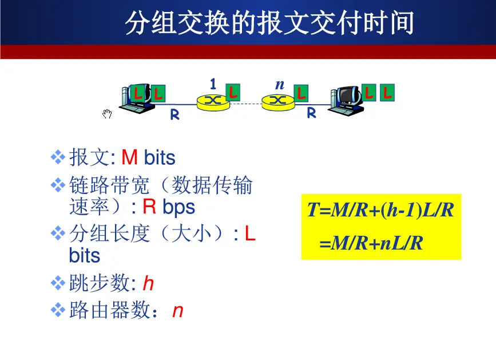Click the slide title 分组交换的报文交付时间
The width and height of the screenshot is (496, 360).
point(269,23)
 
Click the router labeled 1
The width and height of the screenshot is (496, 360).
point(212,102)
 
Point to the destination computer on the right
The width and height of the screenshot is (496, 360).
point(347,101)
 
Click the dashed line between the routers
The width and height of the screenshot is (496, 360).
point(245,103)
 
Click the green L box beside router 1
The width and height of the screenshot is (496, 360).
point(232,92)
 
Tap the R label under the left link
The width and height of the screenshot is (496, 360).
point(174,115)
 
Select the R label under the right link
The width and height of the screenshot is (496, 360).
point(311,113)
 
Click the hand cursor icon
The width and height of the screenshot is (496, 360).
point(107,114)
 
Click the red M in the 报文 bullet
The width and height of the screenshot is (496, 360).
point(130,157)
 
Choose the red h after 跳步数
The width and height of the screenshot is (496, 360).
point(148,283)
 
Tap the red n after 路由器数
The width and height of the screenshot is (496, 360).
point(177,311)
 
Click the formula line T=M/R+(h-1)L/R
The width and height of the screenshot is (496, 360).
point(380,211)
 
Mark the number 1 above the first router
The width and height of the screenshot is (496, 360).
point(213,85)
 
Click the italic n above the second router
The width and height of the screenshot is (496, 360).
point(279,85)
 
